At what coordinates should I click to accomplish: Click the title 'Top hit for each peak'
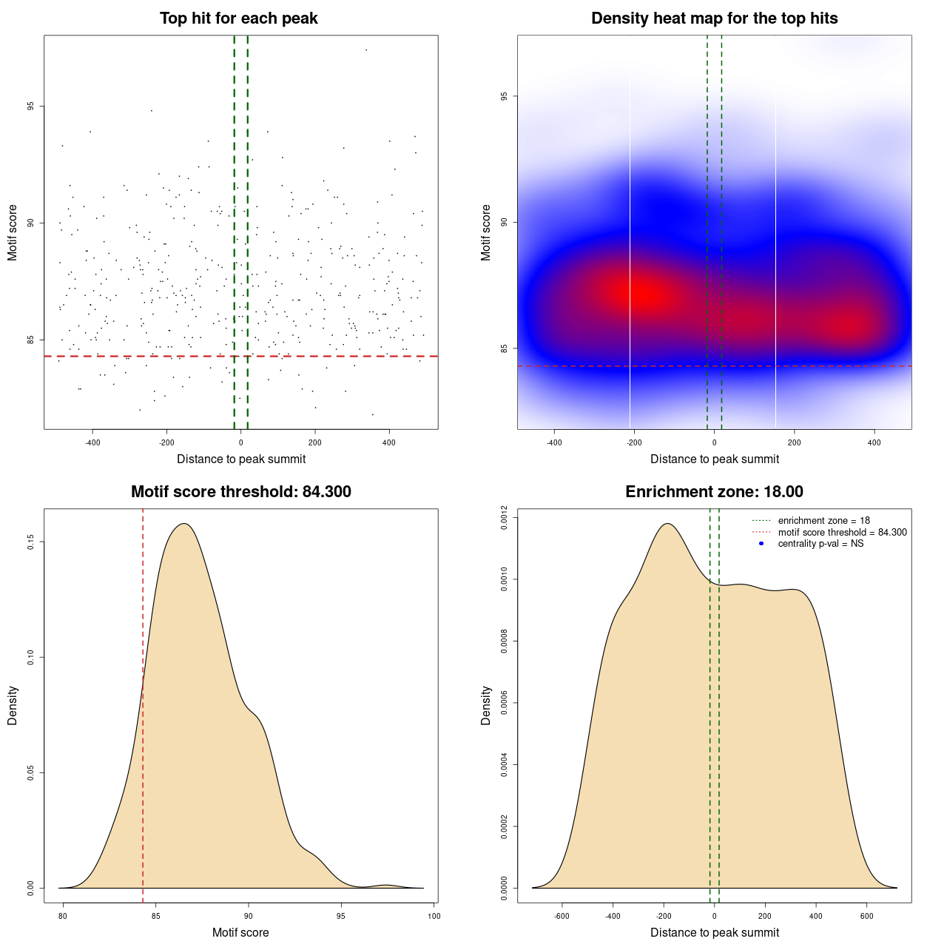pyautogui.click(x=238, y=18)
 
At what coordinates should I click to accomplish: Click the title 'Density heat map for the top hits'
pyautogui.click(x=714, y=18)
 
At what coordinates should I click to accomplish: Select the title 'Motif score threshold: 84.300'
pyautogui.click(x=240, y=492)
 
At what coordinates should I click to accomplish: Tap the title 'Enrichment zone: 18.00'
pyautogui.click(x=714, y=492)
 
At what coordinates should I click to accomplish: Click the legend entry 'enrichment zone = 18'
pyautogui.click(x=823, y=521)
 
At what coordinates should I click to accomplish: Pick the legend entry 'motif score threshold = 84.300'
pyautogui.click(x=842, y=533)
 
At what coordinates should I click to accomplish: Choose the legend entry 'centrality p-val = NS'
pyautogui.click(x=820, y=544)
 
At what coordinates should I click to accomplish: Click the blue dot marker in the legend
pyautogui.click(x=761, y=544)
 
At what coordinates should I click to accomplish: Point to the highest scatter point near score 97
pyautogui.click(x=365, y=50)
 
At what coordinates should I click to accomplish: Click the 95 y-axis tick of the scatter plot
pyautogui.click(x=31, y=106)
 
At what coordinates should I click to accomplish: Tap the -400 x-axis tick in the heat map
pyautogui.click(x=554, y=443)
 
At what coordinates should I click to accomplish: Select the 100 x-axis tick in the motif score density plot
pyautogui.click(x=434, y=916)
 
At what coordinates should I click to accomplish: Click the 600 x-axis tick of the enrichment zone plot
pyautogui.click(x=866, y=916)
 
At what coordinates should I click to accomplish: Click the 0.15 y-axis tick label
pyautogui.click(x=31, y=542)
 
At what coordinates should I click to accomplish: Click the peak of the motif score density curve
pyautogui.click(x=184, y=524)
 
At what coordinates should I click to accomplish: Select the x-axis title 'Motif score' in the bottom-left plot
pyautogui.click(x=240, y=932)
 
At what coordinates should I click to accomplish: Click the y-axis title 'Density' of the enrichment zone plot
pyautogui.click(x=486, y=705)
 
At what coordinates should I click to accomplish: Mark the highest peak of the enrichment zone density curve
pyautogui.click(x=667, y=524)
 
